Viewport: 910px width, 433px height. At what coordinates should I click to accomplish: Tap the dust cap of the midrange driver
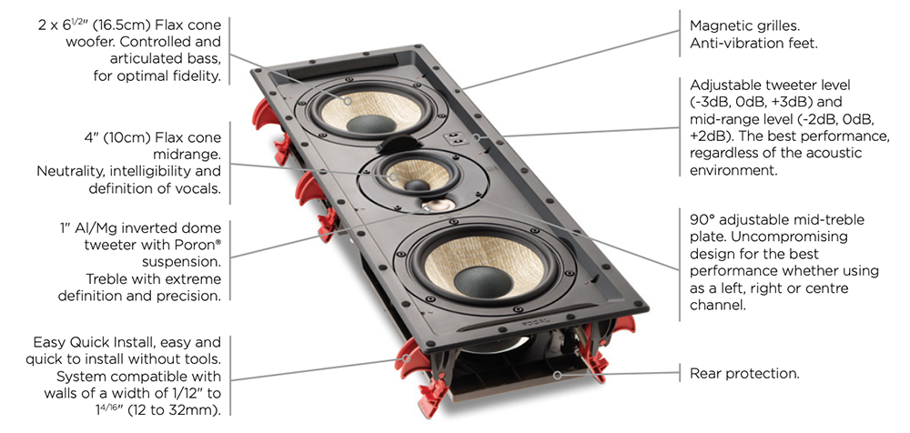pyautogui.click(x=417, y=185)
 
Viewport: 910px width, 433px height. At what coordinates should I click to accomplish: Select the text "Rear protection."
pyautogui.click(x=744, y=373)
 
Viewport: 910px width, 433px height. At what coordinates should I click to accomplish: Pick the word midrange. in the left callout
pyautogui.click(x=187, y=155)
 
